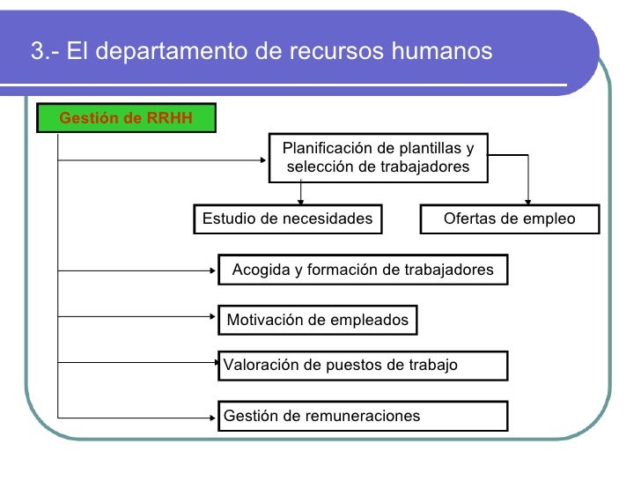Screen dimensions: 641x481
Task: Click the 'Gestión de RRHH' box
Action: pos(126,118)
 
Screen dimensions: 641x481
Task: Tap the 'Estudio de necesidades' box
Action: pos(287,219)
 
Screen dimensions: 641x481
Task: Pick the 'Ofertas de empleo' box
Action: pos(509,219)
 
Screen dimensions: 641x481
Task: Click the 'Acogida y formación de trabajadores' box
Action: pos(363,270)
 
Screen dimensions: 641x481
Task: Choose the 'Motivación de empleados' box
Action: pos(317,321)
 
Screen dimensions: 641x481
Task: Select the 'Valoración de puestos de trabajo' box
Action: pos(363,366)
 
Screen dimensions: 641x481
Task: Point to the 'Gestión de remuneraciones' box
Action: pos(363,416)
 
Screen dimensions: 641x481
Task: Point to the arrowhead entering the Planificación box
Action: pos(265,159)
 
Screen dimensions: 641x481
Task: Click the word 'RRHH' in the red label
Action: pos(170,118)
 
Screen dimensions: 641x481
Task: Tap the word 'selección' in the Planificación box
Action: pos(315,166)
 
